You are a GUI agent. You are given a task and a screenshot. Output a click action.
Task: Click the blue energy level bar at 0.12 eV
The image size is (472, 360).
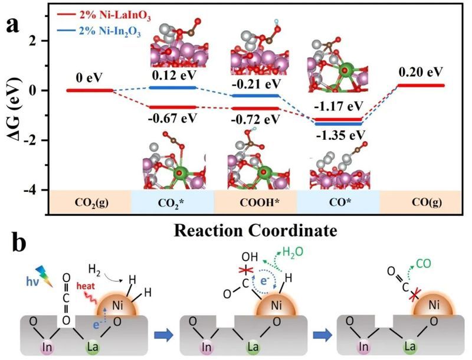172,87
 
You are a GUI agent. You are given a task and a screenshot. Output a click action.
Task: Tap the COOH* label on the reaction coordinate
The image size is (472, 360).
254,201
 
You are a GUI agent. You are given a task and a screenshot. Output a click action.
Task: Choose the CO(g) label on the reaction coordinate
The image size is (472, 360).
420,201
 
